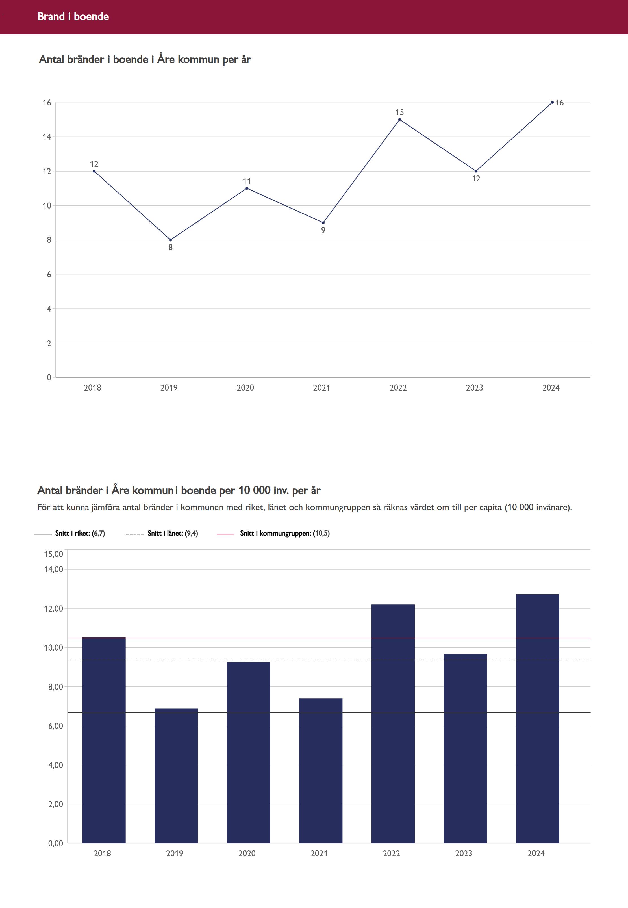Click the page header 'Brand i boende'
[x=73, y=16]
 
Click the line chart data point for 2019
[x=170, y=240]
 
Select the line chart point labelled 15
[x=399, y=119]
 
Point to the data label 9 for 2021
[x=323, y=230]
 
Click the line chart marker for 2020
[x=247, y=188]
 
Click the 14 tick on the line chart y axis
[x=47, y=137]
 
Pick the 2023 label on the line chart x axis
[x=474, y=388]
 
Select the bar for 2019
[x=176, y=775]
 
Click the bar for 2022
[x=393, y=724]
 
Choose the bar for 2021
[x=320, y=772]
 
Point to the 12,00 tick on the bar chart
[x=53, y=608]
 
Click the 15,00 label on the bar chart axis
[x=53, y=554]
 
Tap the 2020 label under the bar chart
[x=247, y=853]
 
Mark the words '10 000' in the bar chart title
[x=254, y=490]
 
